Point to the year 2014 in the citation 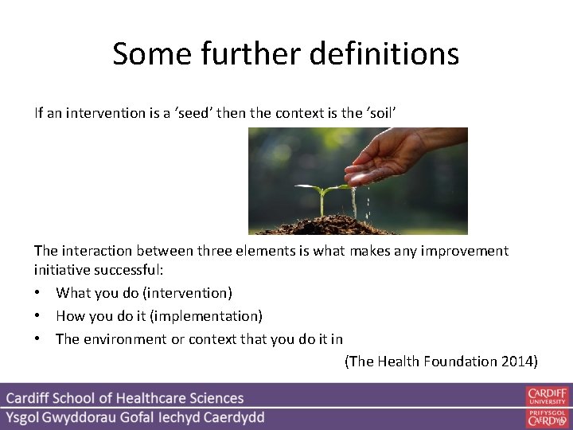(x=517, y=362)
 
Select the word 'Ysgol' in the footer (x=27, y=417)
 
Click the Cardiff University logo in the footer (x=547, y=397)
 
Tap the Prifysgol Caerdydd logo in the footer (x=547, y=417)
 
